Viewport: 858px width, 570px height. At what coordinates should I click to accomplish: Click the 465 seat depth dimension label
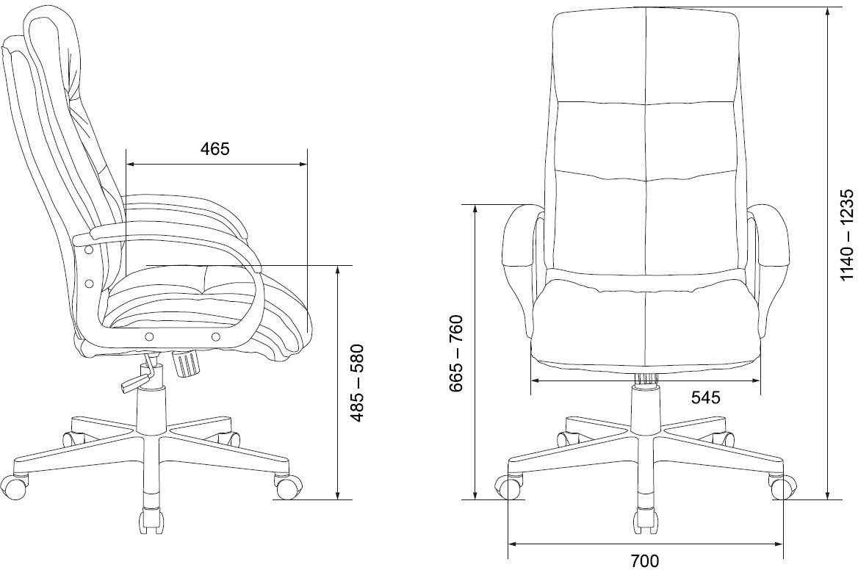214,148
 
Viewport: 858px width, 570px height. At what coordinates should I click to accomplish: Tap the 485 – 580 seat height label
357,383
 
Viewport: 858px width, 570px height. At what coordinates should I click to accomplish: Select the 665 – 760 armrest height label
455,353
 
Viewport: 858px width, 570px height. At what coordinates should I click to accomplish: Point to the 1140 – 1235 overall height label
846,242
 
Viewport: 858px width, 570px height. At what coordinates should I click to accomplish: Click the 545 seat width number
705,397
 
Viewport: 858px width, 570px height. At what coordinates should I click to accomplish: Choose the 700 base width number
645,560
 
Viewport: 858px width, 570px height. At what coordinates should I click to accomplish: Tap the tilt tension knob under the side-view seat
186,364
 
